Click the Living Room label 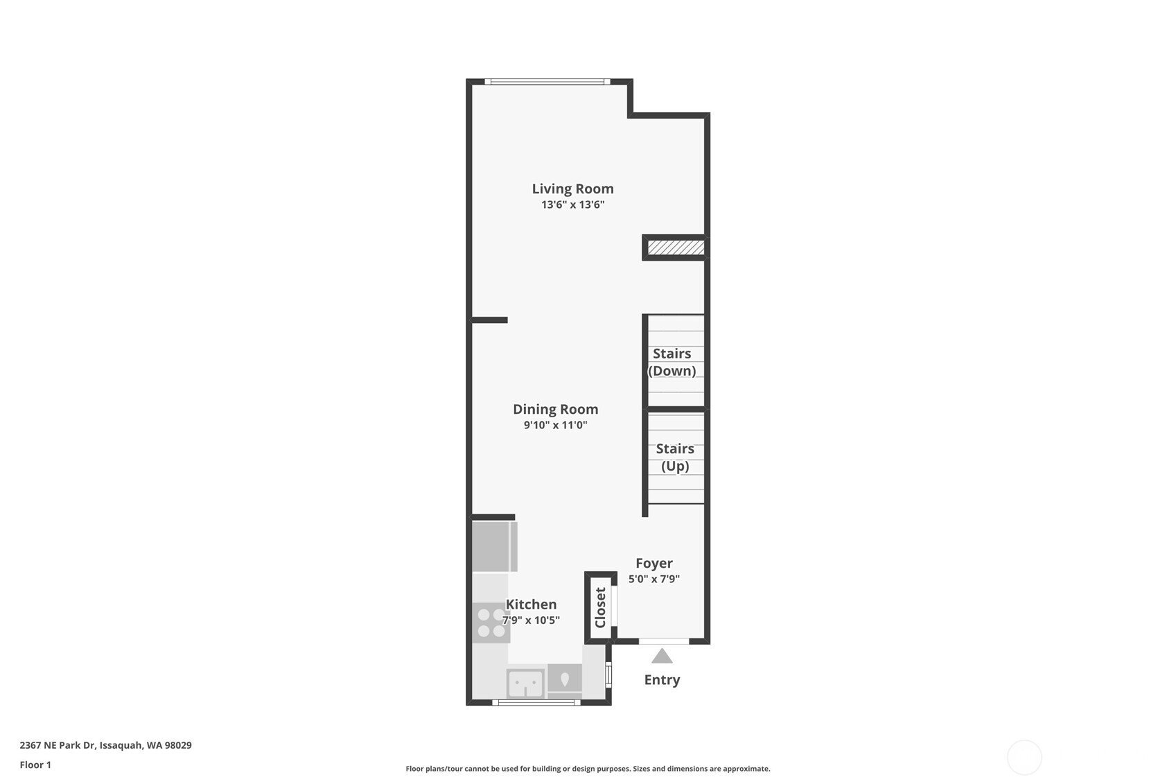pyautogui.click(x=573, y=189)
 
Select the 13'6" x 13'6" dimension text pyautogui.click(x=573, y=204)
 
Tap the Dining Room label pyautogui.click(x=556, y=409)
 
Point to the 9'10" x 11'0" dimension pyautogui.click(x=556, y=425)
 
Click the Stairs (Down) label pyautogui.click(x=672, y=363)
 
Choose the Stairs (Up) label pyautogui.click(x=675, y=458)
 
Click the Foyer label pyautogui.click(x=654, y=564)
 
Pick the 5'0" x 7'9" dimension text pyautogui.click(x=654, y=579)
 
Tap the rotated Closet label pyautogui.click(x=601, y=607)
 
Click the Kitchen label pyautogui.click(x=531, y=604)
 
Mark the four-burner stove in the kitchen pyautogui.click(x=491, y=622)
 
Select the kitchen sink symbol pyautogui.click(x=525, y=683)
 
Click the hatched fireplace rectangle pyautogui.click(x=676, y=247)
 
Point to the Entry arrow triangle pyautogui.click(x=662, y=656)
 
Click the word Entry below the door pyautogui.click(x=662, y=680)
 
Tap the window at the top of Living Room pyautogui.click(x=547, y=82)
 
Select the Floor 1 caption pyautogui.click(x=36, y=765)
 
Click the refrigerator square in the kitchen pyautogui.click(x=495, y=546)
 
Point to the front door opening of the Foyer pyautogui.click(x=664, y=641)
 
